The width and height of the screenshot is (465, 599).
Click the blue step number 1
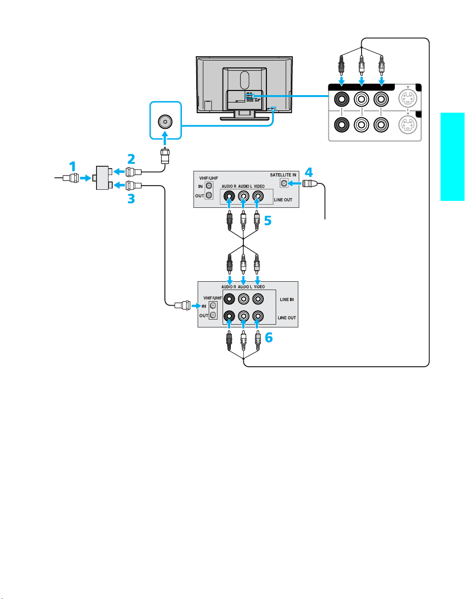pos(72,167)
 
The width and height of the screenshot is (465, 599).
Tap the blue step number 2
pos(131,159)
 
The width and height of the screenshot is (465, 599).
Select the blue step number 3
pos(131,199)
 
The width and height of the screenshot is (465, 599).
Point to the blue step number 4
pos(309,172)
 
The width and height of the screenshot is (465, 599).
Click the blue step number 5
pos(268,220)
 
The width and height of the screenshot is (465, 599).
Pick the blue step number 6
pos(269,338)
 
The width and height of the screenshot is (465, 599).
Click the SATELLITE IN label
pos(283,175)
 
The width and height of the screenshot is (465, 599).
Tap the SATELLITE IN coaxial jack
pos(284,183)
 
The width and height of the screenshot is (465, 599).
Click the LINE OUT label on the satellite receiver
pos(283,200)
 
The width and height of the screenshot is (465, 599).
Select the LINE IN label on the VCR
pos(287,299)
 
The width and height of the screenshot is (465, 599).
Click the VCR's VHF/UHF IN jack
pos(213,305)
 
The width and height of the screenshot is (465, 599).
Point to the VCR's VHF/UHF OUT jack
pos(213,315)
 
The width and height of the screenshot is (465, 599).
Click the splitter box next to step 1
pos(102,178)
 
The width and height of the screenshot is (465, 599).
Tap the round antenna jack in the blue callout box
pos(165,121)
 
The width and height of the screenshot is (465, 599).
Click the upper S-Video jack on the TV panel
pos(408,99)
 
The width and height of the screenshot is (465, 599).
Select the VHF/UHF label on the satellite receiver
pos(208,178)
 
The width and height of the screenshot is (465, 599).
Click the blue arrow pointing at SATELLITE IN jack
pos(295,183)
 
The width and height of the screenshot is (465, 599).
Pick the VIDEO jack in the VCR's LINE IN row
pos(258,299)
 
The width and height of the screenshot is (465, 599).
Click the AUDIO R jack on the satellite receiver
pos(229,196)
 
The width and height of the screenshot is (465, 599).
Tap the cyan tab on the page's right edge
pos(453,157)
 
